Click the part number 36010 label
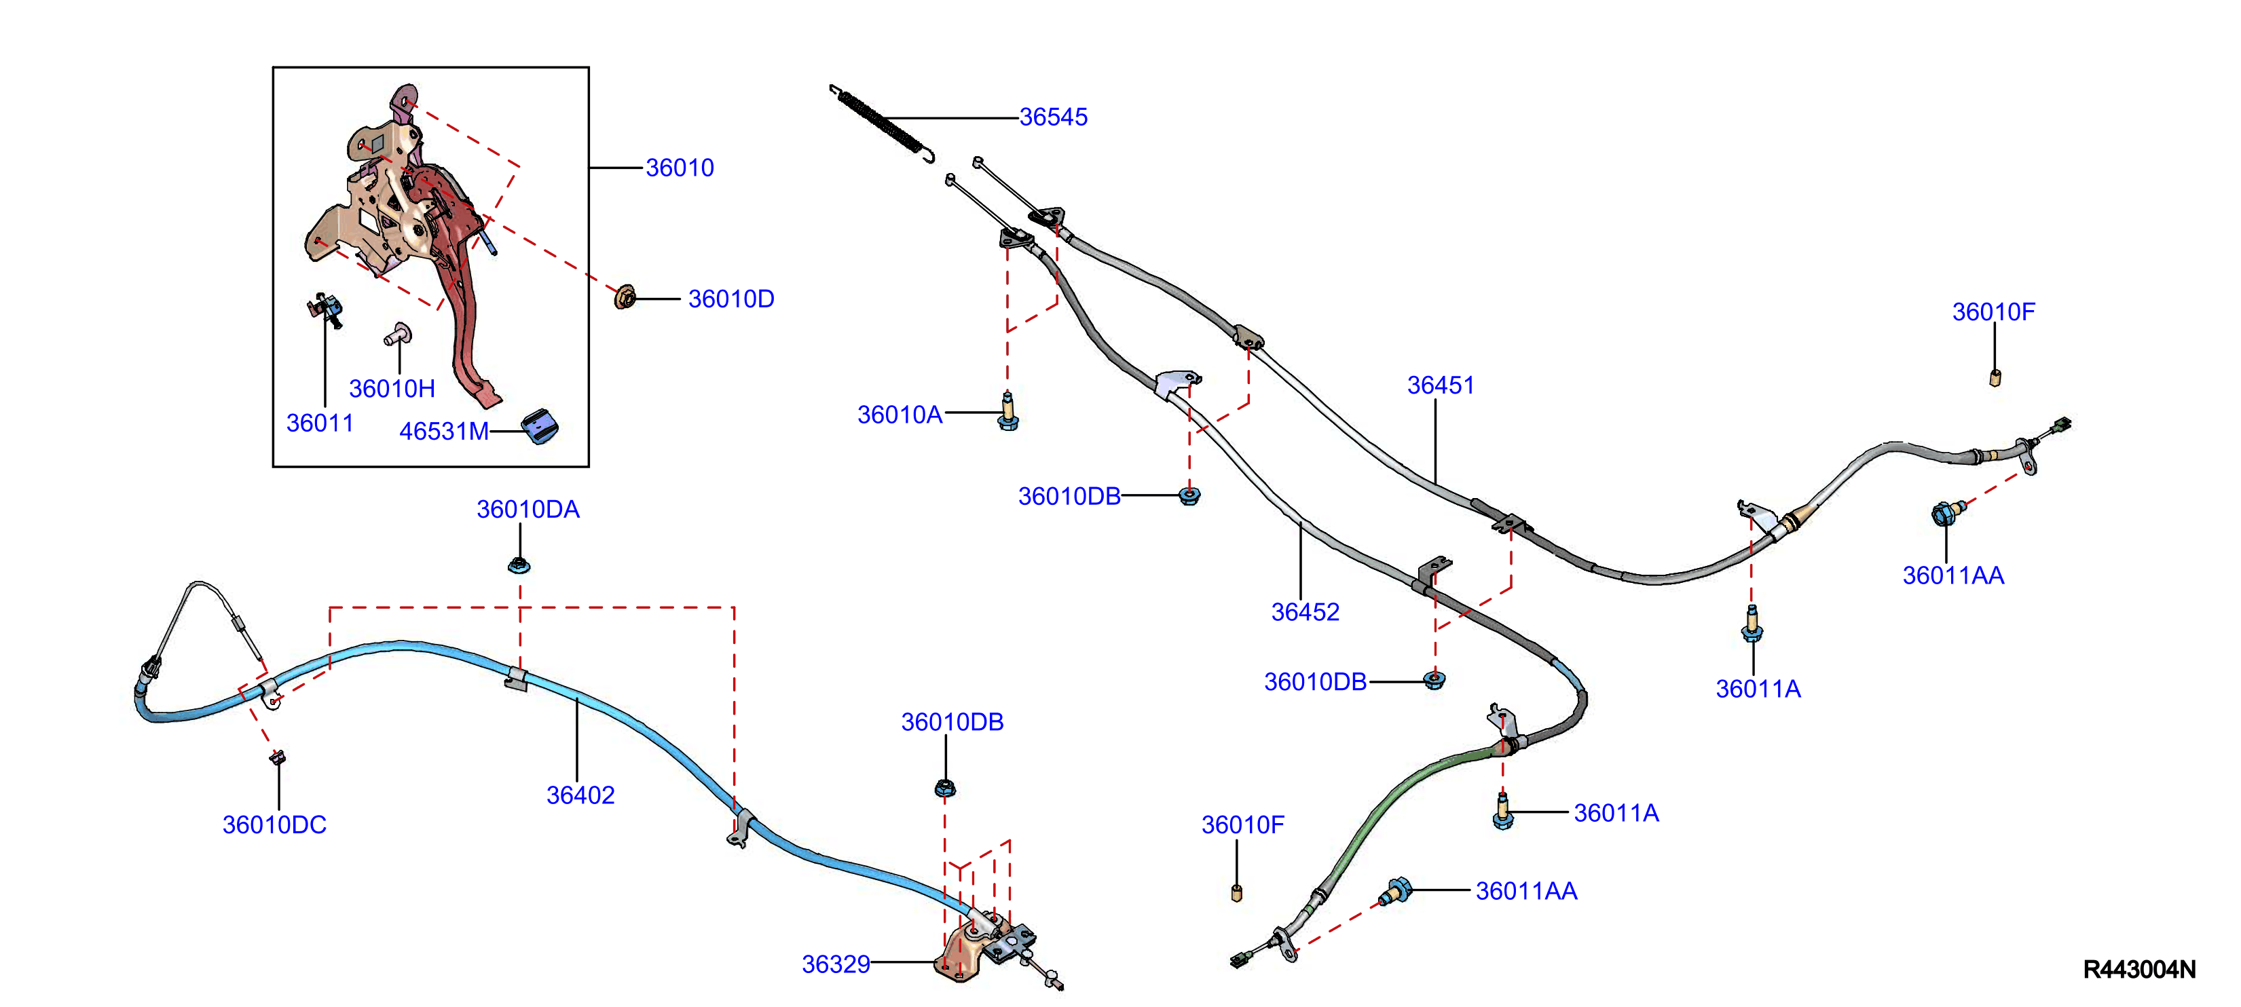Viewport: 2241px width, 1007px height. pyautogui.click(x=680, y=168)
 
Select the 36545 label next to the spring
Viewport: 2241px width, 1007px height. pyautogui.click(x=1053, y=117)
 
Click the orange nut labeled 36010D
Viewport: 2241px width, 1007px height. pyautogui.click(x=625, y=297)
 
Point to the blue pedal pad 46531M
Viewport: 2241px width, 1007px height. pyautogui.click(x=540, y=425)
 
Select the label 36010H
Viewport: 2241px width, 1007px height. pyautogui.click(x=392, y=389)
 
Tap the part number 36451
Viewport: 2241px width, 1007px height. pyautogui.click(x=1441, y=385)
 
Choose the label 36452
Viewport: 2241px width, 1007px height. pyautogui.click(x=1305, y=612)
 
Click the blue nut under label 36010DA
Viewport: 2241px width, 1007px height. pyautogui.click(x=519, y=565)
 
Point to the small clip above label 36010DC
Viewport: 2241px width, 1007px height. pyautogui.click(x=278, y=757)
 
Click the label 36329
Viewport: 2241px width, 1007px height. pyautogui.click(x=836, y=964)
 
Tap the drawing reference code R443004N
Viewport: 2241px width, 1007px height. pyautogui.click(x=2139, y=970)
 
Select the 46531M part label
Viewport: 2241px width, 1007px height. pyautogui.click(x=444, y=432)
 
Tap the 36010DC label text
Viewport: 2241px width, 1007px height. pyautogui.click(x=274, y=824)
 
